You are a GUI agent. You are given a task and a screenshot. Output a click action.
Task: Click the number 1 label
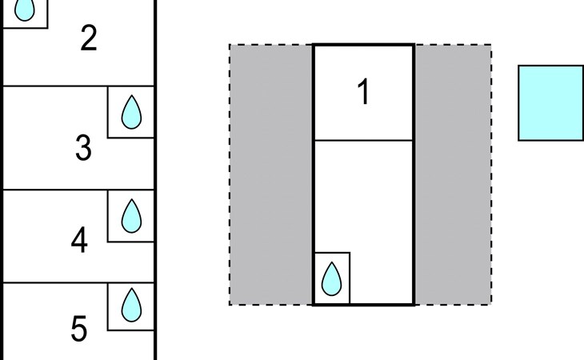(363, 91)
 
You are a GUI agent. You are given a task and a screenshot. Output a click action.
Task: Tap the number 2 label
(89, 38)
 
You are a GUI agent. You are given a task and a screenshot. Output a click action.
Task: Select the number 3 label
(83, 148)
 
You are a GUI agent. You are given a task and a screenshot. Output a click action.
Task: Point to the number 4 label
(79, 240)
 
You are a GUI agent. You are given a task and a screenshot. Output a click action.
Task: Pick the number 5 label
(79, 328)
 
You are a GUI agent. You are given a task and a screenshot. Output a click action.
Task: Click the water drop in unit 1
(331, 279)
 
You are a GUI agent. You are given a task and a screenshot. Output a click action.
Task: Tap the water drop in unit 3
(131, 112)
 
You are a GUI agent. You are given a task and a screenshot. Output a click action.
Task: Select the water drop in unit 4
(131, 216)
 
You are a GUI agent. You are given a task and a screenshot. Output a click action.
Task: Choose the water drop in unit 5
(131, 305)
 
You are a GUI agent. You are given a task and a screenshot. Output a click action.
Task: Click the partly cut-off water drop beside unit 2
(25, 10)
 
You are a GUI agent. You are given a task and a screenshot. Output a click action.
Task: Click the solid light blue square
(551, 103)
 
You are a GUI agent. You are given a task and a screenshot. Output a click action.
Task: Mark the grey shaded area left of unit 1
(271, 174)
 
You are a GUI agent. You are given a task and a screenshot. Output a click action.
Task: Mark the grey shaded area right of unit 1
(453, 174)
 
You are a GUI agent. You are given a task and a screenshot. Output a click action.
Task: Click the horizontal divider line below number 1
(364, 140)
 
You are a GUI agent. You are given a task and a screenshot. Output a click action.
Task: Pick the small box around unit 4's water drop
(108, 216)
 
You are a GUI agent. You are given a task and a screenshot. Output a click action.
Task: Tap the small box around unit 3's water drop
(108, 112)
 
